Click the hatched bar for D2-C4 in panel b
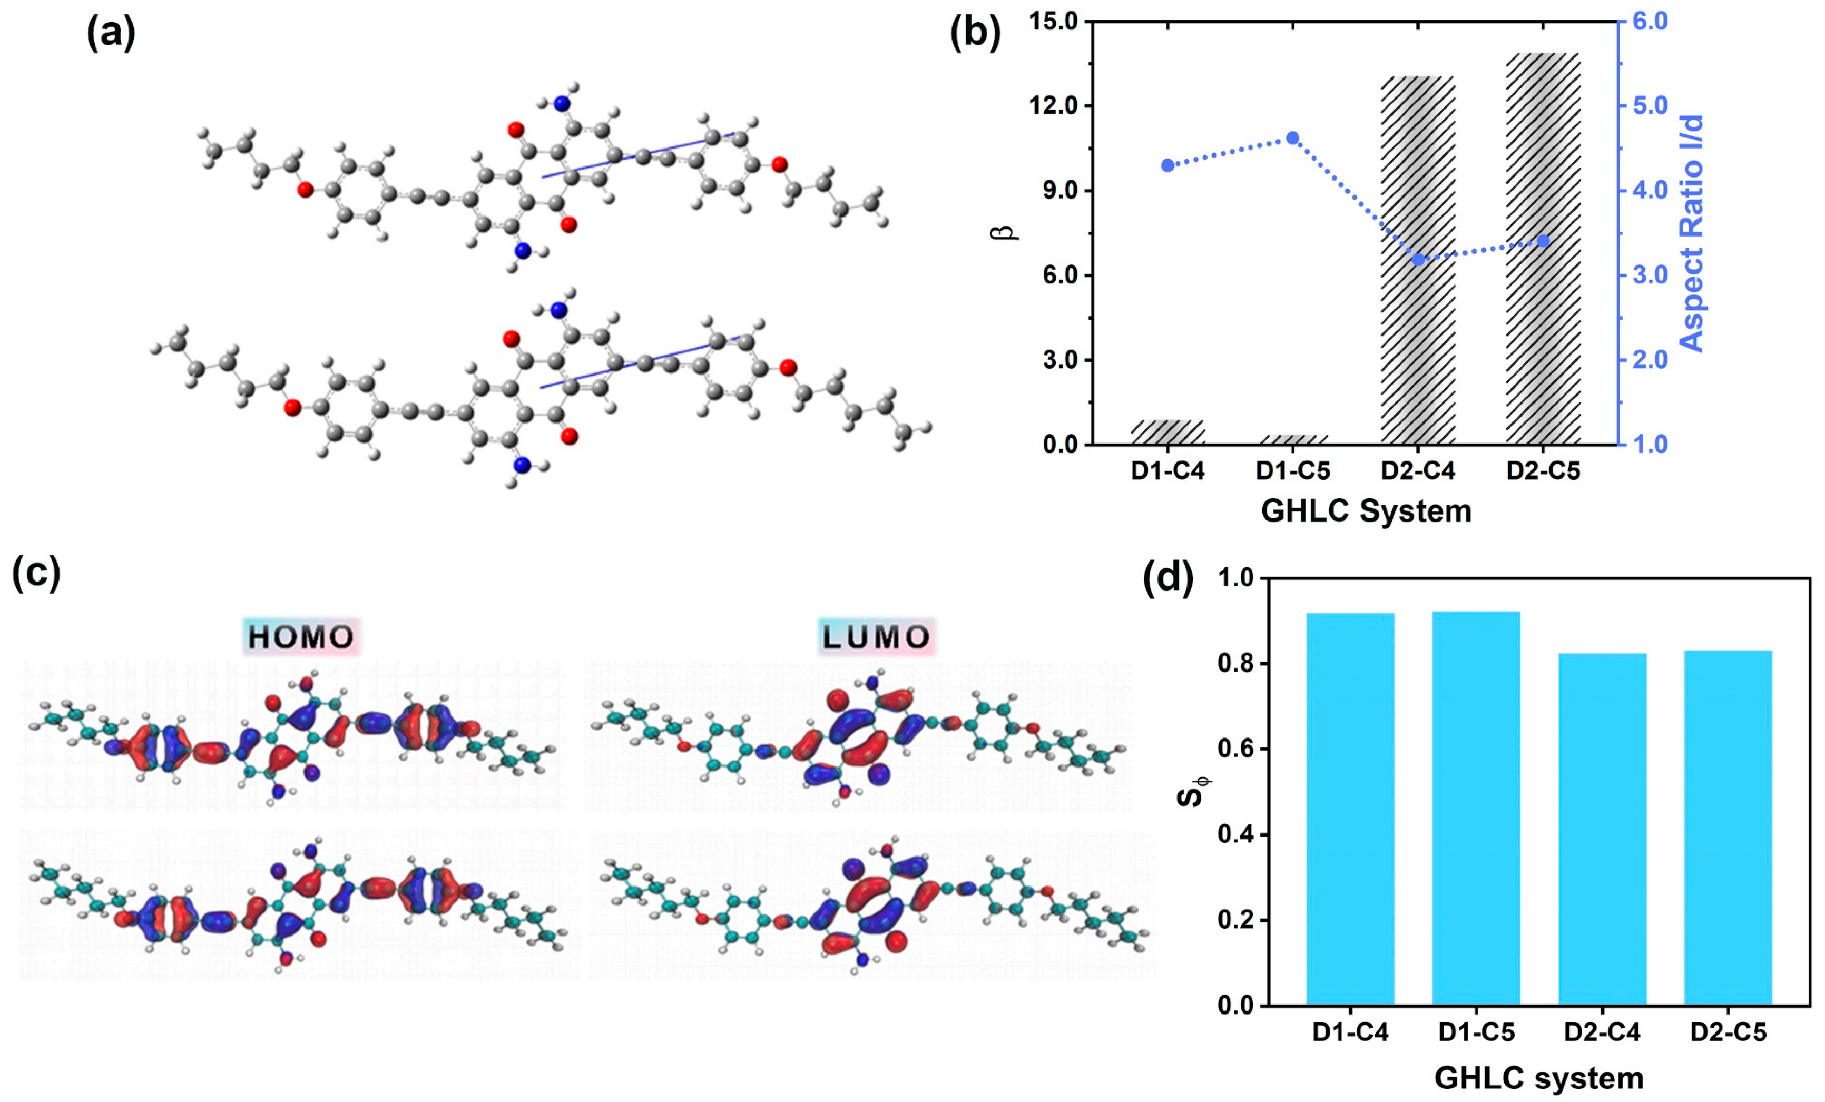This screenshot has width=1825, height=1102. point(1418,260)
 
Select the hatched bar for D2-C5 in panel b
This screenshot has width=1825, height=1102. point(1543,249)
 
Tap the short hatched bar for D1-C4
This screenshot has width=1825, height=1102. point(1168,432)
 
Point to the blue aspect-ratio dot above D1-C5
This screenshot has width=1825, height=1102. point(1292,138)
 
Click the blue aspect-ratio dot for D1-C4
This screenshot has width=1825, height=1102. point(1168,165)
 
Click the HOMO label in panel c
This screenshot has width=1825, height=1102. point(301,637)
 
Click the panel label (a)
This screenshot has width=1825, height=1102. point(111,34)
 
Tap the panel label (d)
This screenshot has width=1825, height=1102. point(1168,578)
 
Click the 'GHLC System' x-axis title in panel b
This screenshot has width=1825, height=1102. point(1366,511)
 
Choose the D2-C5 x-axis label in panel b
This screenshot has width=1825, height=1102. point(1543,471)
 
